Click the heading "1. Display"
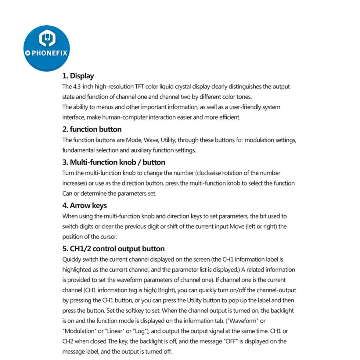78,76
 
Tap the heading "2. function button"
92,130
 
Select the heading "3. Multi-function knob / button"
114,162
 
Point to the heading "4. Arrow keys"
84,206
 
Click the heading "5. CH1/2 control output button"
113,249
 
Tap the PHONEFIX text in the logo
49,53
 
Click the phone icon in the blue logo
47,39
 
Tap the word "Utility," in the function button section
168,140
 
